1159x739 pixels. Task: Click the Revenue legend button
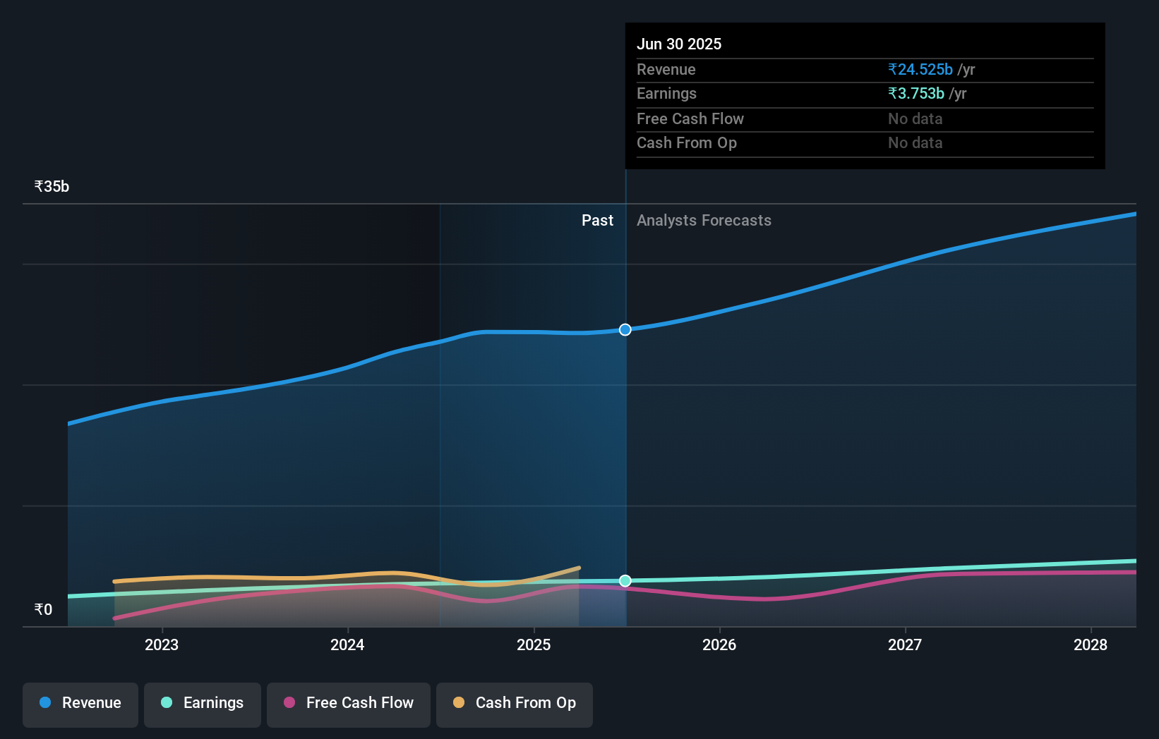tap(80, 703)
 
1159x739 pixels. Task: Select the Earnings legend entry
tap(203, 703)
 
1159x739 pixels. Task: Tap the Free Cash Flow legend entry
tap(349, 703)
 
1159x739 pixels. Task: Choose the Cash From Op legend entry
tap(515, 703)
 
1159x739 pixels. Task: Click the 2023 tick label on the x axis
tap(162, 645)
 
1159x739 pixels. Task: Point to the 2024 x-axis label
tap(347, 645)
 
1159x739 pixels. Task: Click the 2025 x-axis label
tap(534, 645)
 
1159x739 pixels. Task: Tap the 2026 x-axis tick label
tap(719, 645)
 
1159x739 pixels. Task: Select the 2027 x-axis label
tap(905, 645)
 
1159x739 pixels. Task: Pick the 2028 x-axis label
tap(1091, 645)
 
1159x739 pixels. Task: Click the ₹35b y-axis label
tap(52, 187)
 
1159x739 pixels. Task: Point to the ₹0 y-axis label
tap(43, 609)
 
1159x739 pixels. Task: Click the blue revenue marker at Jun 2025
tap(625, 330)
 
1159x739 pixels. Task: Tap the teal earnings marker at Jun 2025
tap(625, 581)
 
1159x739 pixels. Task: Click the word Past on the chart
tap(597, 221)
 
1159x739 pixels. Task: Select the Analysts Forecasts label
tap(704, 221)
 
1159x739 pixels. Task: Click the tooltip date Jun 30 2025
tap(679, 44)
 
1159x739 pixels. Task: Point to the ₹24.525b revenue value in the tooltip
tap(920, 70)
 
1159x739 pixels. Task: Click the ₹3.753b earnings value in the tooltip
tap(916, 94)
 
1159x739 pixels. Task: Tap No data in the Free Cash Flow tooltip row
tap(915, 119)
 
